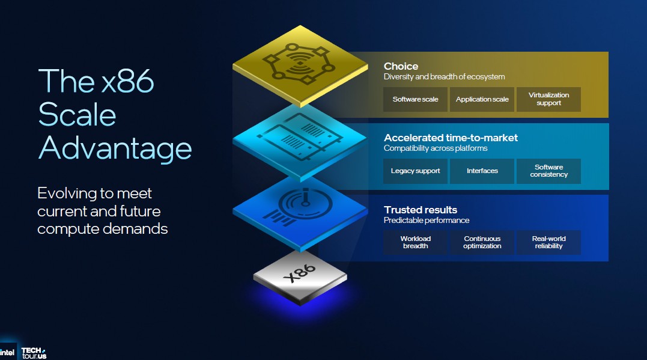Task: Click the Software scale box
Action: [x=415, y=99]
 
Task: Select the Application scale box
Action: [x=482, y=99]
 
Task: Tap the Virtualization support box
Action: [x=548, y=99]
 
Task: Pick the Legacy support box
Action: [x=415, y=171]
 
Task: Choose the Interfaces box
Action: [x=482, y=171]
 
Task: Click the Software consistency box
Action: [x=548, y=171]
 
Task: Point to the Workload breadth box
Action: [x=415, y=242]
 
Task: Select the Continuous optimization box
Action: [x=482, y=242]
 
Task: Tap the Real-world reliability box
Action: [x=548, y=242]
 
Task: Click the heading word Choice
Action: [x=401, y=66]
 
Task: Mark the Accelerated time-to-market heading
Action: [x=451, y=138]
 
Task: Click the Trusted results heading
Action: [x=421, y=210]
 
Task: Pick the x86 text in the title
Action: [x=127, y=81]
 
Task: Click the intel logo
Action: [x=8, y=352]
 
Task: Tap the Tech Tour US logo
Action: [x=33, y=352]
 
